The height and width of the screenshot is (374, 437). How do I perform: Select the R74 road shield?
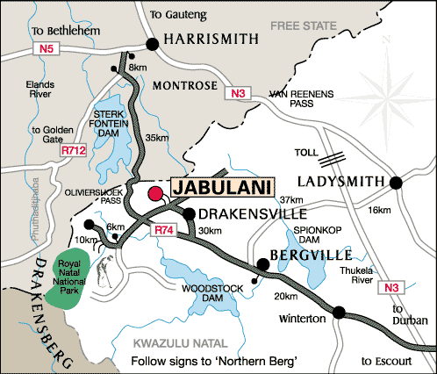click(166, 230)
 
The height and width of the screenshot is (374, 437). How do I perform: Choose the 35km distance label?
click(157, 138)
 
